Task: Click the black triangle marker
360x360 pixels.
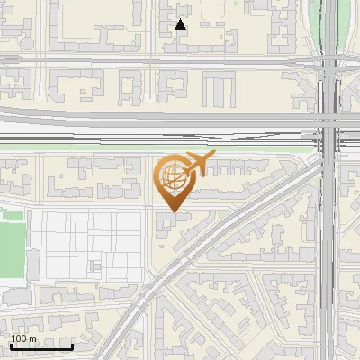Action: (181, 24)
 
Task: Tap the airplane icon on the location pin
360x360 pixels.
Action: (199, 163)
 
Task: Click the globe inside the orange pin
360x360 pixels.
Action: (170, 177)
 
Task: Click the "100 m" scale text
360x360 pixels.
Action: (24, 338)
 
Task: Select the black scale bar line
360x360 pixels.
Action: (41, 346)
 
